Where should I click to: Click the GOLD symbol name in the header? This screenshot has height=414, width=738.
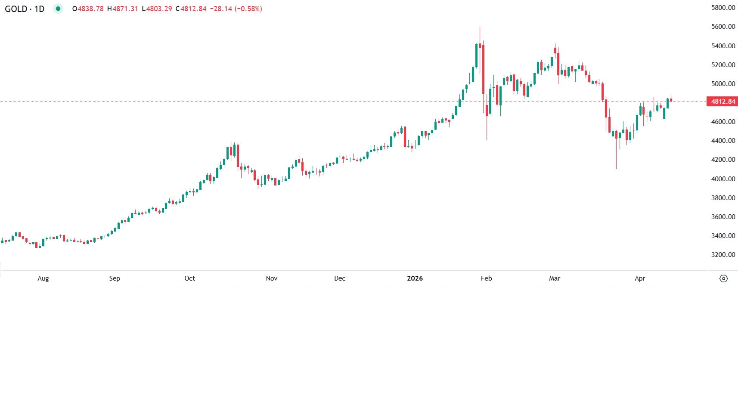click(x=16, y=9)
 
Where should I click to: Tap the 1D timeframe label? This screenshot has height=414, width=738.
click(x=39, y=9)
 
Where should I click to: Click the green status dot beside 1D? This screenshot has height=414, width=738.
click(x=58, y=9)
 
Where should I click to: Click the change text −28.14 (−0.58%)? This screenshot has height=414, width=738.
click(x=236, y=9)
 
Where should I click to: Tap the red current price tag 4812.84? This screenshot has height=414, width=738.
click(x=723, y=102)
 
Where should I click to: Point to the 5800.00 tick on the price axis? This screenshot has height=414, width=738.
click(x=723, y=8)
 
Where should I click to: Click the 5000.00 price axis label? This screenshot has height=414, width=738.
click(x=723, y=84)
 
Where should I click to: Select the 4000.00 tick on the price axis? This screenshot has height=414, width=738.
click(x=723, y=179)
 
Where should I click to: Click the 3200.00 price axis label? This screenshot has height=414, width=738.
click(x=723, y=255)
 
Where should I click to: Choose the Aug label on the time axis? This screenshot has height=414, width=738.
click(x=43, y=278)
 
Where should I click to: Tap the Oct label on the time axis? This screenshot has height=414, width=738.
click(x=189, y=278)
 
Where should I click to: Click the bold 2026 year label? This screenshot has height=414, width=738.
click(x=415, y=278)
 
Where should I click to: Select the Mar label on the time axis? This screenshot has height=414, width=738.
click(x=555, y=278)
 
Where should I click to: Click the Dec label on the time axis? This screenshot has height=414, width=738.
click(x=340, y=278)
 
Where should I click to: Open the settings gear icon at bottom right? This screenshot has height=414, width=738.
click(x=723, y=278)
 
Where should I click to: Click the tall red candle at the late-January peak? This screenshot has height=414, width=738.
click(x=484, y=69)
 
